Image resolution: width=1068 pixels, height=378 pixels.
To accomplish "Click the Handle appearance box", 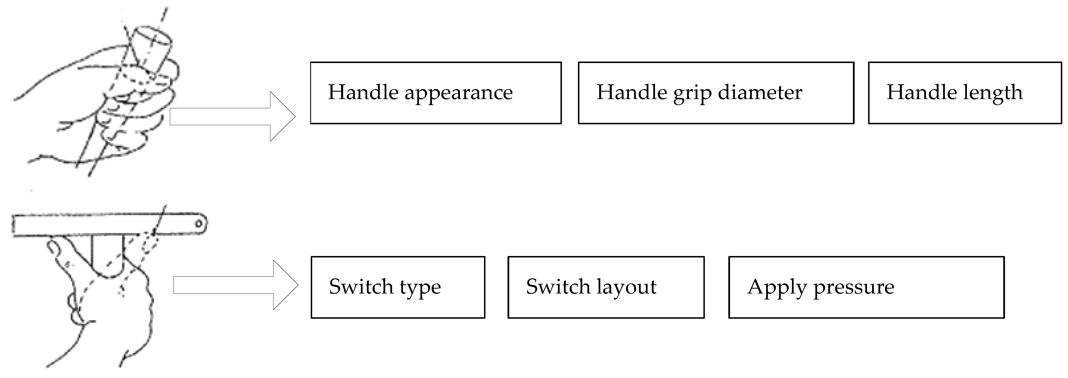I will tap(435, 93).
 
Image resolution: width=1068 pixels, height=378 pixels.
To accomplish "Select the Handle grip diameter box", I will tap(716, 93).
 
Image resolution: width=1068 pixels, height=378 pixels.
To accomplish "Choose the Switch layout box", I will tap(606, 287).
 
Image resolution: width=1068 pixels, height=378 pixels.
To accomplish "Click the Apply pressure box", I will tap(866, 287).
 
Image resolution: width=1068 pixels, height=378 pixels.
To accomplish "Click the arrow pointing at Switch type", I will tap(235, 285).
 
